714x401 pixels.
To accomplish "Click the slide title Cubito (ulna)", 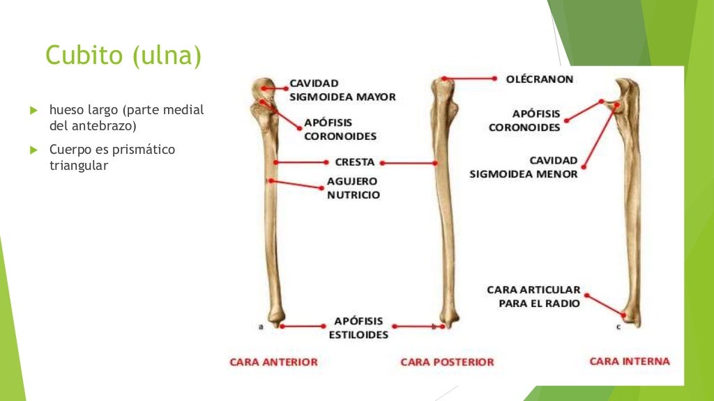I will click(123, 56).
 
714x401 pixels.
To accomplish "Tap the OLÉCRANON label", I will click(540, 79).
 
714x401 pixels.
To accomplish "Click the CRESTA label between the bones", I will click(355, 162).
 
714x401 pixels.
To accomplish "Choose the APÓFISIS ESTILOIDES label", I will click(358, 328).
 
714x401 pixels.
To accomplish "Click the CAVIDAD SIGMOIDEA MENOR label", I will click(524, 167).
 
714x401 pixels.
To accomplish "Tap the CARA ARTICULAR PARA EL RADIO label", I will click(533, 297).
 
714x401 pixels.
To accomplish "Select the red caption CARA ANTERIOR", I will click(274, 362).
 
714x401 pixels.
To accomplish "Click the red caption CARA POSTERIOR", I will click(447, 362).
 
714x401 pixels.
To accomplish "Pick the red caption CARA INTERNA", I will click(630, 361).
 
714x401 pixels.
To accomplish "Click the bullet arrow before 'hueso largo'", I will click(32, 111).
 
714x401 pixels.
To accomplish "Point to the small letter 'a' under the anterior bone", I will click(261, 326).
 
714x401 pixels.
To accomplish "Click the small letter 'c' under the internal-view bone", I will click(618, 326).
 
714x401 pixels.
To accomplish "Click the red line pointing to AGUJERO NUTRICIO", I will click(296, 184).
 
